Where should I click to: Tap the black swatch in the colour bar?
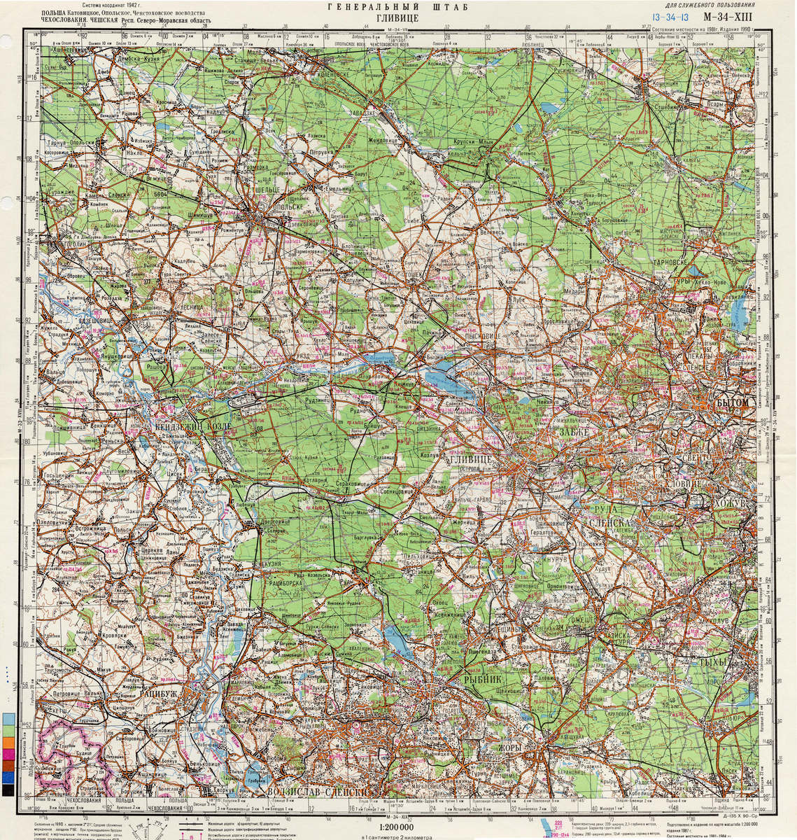click(x=8, y=790)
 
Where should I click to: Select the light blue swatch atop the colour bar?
click(x=8, y=719)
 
